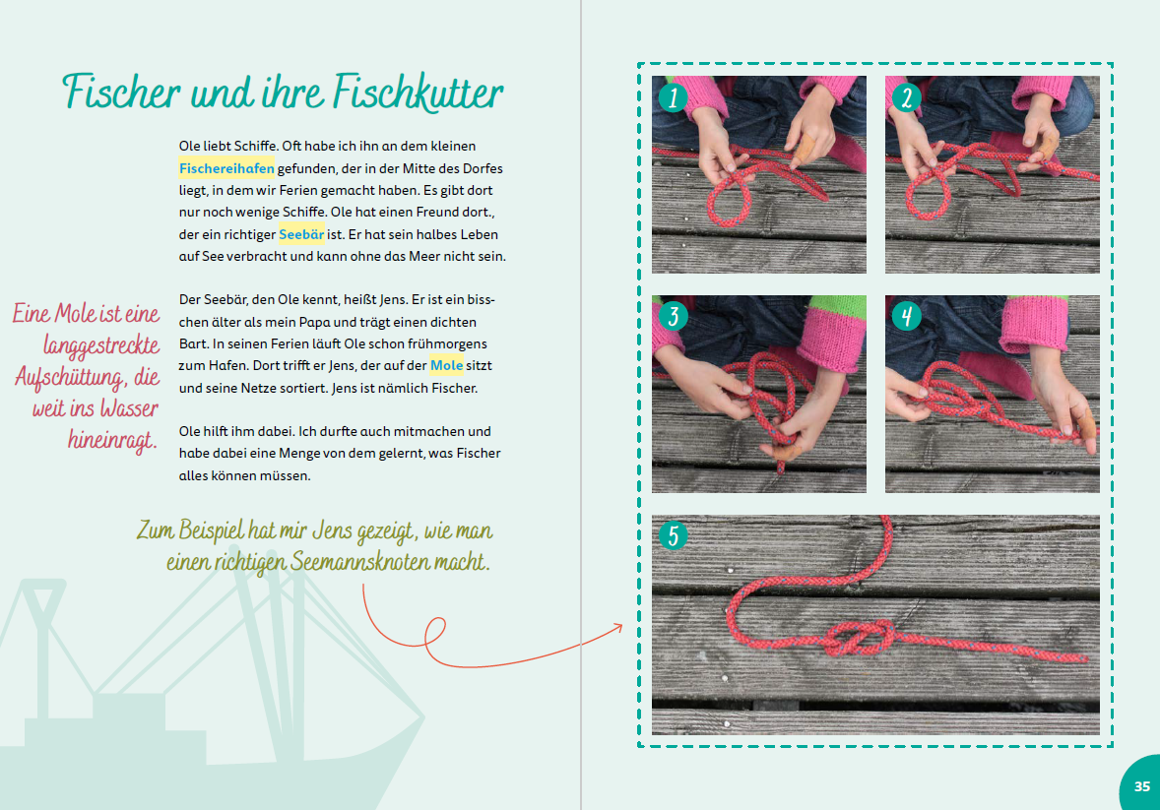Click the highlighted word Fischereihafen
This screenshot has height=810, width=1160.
point(226,167)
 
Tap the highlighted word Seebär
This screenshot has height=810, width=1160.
point(301,234)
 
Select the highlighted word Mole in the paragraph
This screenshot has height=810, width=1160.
point(446,365)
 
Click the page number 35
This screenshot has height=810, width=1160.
point(1142,786)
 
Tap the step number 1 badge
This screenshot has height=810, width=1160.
point(674,96)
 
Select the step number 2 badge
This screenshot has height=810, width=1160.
point(906,96)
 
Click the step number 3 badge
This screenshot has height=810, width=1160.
point(674,316)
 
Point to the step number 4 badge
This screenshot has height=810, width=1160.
point(906,316)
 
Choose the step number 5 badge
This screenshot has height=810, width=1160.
point(674,535)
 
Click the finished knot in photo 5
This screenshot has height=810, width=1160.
point(857,637)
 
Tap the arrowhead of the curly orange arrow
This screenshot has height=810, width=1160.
point(619,625)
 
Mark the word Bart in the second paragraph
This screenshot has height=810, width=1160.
point(195,343)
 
